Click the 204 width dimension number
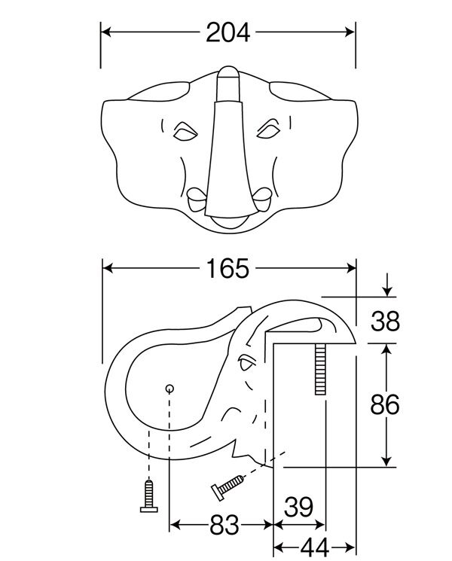(228, 32)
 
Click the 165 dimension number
(228, 268)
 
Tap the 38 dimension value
(385, 321)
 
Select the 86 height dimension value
(385, 404)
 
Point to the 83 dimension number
(224, 525)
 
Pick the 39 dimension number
(298, 507)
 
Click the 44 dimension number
(315, 547)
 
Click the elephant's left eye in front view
(185, 131)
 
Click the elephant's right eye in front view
(268, 130)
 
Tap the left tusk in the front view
(197, 199)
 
